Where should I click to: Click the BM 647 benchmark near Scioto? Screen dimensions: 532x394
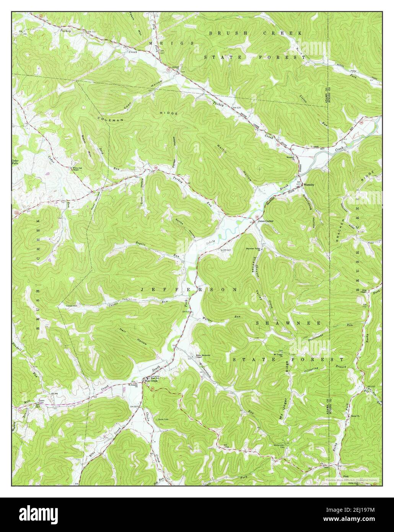pyautogui.click(x=226, y=250)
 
